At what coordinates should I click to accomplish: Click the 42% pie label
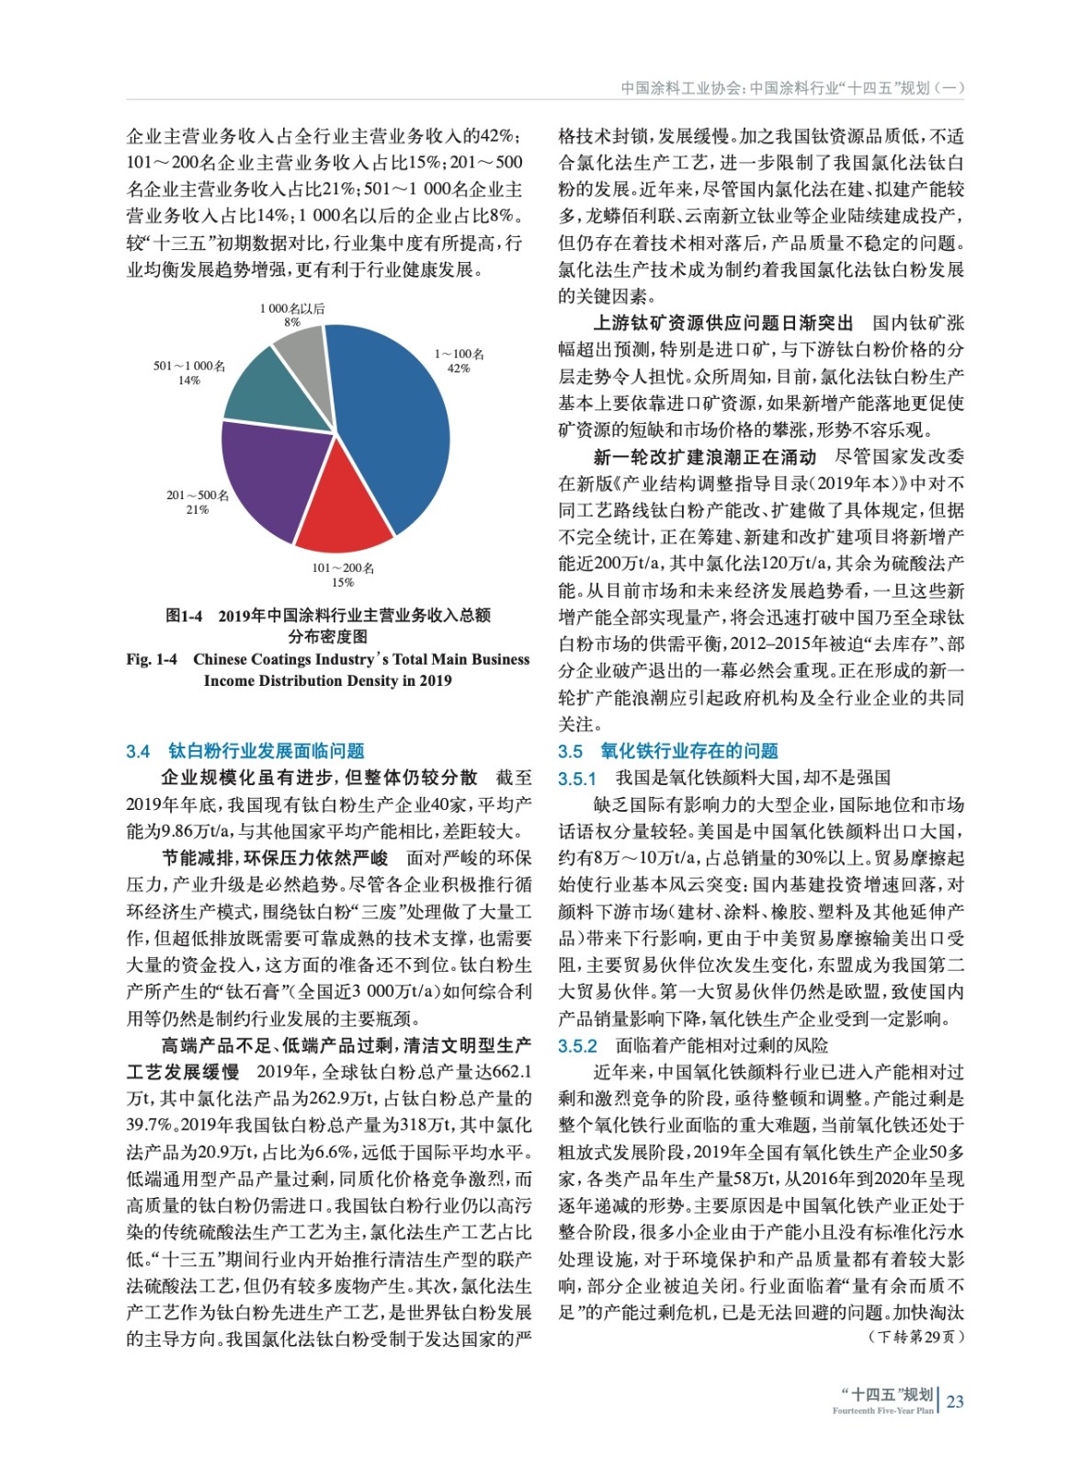pyautogui.click(x=459, y=369)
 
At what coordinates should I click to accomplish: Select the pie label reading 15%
pyautogui.click(x=342, y=582)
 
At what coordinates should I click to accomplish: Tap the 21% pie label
pyautogui.click(x=197, y=509)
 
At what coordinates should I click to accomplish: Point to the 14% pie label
pyautogui.click(x=188, y=381)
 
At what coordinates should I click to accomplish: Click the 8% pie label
pyautogui.click(x=292, y=323)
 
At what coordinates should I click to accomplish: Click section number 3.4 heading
pyautogui.click(x=138, y=751)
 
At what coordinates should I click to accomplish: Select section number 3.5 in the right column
pyautogui.click(x=570, y=751)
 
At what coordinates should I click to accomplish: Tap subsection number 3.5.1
pyautogui.click(x=577, y=779)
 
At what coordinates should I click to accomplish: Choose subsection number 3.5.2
pyautogui.click(x=577, y=1046)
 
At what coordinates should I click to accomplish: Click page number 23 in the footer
pyautogui.click(x=955, y=1401)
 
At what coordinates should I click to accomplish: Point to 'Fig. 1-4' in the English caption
pyautogui.click(x=152, y=659)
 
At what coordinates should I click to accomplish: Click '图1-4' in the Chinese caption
pyautogui.click(x=184, y=615)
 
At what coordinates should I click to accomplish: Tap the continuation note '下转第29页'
pyautogui.click(x=916, y=1336)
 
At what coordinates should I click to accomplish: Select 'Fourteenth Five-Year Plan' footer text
pyautogui.click(x=882, y=1410)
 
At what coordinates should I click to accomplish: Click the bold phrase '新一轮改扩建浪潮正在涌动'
pyautogui.click(x=705, y=457)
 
